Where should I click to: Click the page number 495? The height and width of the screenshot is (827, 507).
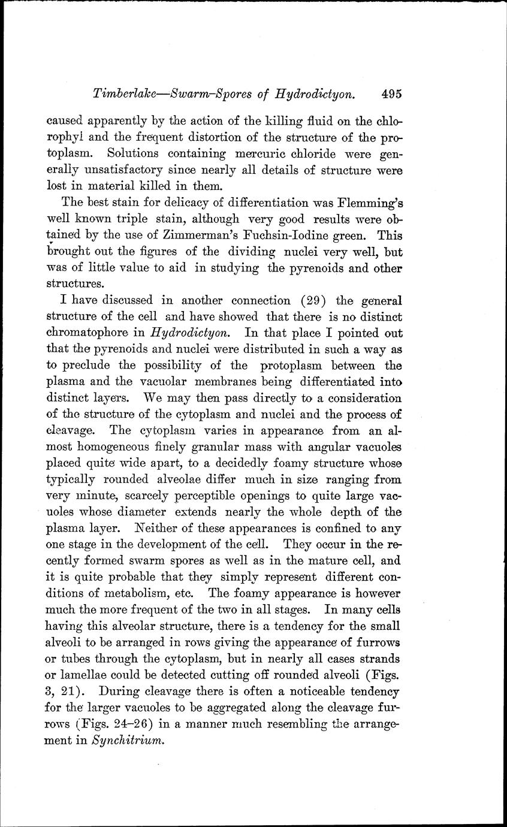pos(390,93)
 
